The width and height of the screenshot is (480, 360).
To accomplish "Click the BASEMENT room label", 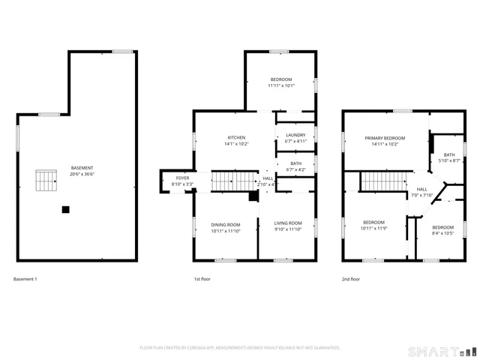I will (x=82, y=167).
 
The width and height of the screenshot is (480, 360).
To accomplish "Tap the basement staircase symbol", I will (x=46, y=181).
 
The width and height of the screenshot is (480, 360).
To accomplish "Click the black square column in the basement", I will (x=66, y=209).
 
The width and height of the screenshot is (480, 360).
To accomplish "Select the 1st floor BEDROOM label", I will (x=281, y=79).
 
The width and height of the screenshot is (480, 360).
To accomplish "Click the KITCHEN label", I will (x=237, y=138).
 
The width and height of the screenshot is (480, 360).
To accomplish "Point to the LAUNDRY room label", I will (x=295, y=136).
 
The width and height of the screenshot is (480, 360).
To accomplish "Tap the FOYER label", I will (x=182, y=178).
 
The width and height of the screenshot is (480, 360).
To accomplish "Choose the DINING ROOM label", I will (x=225, y=224).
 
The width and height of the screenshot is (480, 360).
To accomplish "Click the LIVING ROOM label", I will (x=287, y=223).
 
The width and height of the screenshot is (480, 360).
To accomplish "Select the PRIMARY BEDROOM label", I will (x=385, y=138).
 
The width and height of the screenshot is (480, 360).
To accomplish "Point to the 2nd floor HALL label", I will (x=422, y=189).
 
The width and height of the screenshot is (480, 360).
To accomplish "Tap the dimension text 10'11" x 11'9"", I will (x=374, y=228).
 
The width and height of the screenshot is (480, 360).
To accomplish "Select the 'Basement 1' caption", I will (x=25, y=279).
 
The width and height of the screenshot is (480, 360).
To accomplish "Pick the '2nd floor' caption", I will (x=350, y=279).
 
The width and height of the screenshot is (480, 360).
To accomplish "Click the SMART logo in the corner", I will (x=441, y=351).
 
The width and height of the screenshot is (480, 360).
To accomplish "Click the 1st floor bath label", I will (x=295, y=163).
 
